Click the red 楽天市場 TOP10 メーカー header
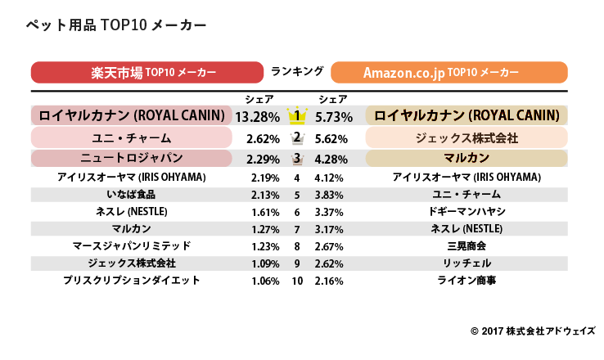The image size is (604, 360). point(151,72)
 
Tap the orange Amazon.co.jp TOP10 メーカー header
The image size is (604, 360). point(450,72)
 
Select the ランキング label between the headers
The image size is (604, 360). point(296,71)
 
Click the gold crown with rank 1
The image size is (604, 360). point(298,115)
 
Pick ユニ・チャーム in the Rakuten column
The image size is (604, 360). point(131,137)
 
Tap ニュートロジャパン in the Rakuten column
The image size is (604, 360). point(131,158)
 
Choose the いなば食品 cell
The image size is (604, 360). point(131,195)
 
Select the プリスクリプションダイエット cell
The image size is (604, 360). point(131,281)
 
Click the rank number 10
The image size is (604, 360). point(297,281)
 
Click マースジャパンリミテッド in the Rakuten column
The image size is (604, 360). point(131,246)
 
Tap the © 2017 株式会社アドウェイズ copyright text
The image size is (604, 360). point(533,331)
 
